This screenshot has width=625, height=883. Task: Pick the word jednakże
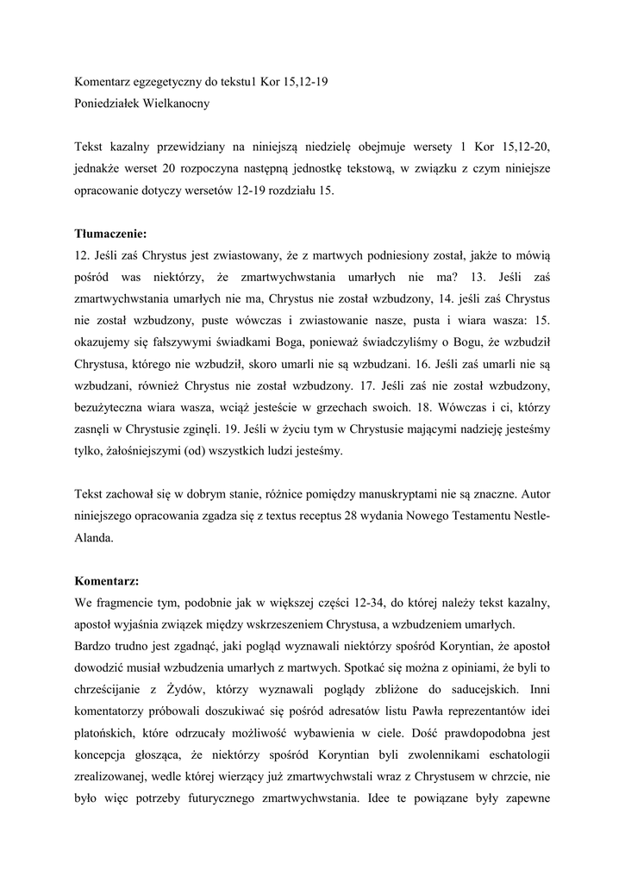click(102, 168)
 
